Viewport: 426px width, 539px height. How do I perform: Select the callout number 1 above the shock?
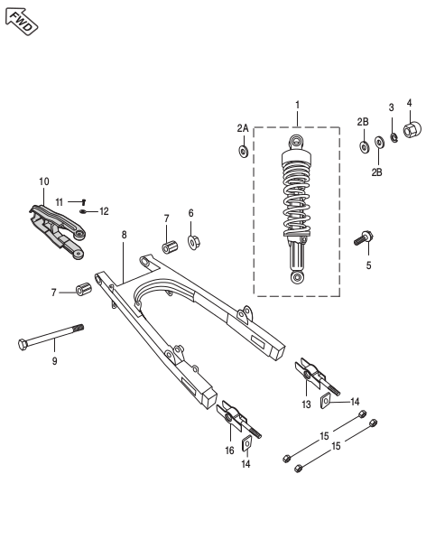tap(297, 106)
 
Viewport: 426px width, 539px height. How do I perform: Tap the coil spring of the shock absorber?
tap(297, 199)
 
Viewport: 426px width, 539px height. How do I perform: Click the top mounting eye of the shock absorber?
tap(298, 142)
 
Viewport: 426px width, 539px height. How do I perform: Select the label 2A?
tap(242, 129)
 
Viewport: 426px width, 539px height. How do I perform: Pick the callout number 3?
tap(391, 107)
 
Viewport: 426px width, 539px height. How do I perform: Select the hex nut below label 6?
tap(193, 241)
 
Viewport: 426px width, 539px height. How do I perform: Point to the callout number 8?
tap(124, 234)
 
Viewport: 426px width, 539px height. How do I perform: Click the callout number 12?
tap(104, 211)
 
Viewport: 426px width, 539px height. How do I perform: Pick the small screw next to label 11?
tap(81, 201)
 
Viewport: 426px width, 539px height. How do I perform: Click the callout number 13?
tap(306, 404)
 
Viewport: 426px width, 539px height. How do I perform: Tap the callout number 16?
tap(229, 449)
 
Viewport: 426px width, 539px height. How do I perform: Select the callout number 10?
tap(44, 181)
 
